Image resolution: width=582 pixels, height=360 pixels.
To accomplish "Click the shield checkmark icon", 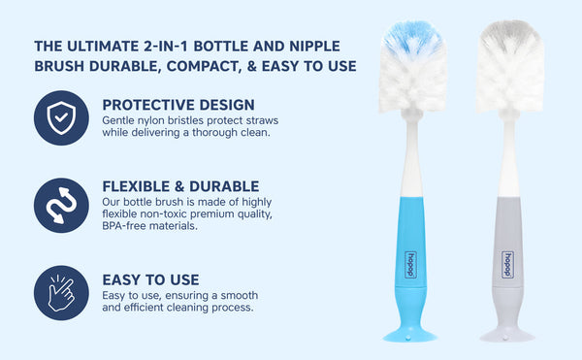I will [61, 118].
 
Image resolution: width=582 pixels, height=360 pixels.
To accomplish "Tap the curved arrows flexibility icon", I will [61, 204].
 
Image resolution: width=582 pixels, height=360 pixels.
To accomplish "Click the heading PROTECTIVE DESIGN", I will [178, 105].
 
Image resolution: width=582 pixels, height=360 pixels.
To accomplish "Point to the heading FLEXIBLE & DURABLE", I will [180, 186].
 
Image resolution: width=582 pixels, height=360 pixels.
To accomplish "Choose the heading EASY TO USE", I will [150, 279].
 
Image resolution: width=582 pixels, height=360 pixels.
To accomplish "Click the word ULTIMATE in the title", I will [120, 46].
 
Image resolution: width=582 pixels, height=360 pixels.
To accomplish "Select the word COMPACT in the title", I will [237, 67].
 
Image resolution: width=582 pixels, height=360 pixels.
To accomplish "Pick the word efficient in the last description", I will [147, 308].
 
